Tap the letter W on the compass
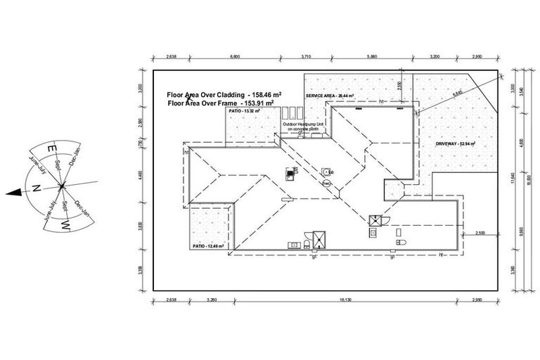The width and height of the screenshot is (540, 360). click(x=65, y=225)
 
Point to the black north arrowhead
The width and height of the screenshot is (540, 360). click(x=11, y=191)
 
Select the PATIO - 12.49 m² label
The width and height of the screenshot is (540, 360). click(x=208, y=246)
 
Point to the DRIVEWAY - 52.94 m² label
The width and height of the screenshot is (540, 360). click(x=455, y=143)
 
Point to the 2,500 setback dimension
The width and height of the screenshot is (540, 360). click(x=481, y=233)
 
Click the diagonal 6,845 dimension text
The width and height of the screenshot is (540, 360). click(x=439, y=92)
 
